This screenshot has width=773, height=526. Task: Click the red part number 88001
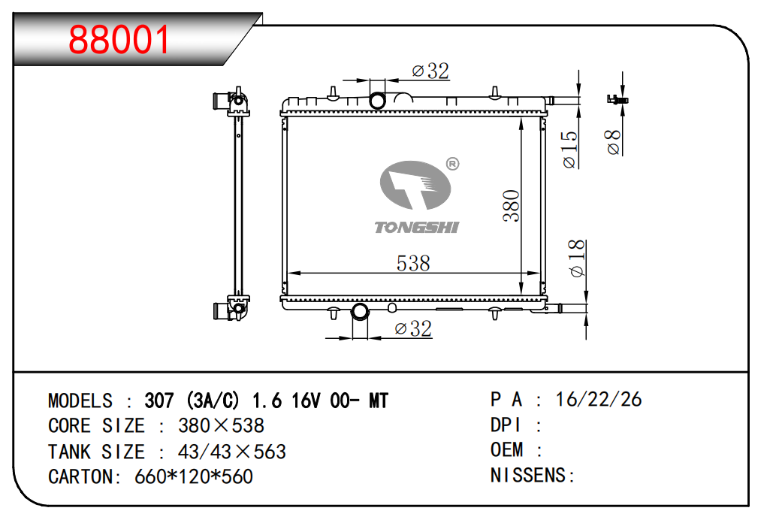pos(119,39)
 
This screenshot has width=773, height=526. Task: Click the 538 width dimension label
pos(413,263)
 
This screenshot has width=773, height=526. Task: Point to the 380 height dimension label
pos(512,206)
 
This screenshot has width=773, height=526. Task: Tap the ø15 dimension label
pos(569,149)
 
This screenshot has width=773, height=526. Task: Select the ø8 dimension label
pos(613,142)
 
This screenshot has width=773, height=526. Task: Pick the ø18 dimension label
pos(576,258)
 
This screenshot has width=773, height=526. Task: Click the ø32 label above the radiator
pos(430,71)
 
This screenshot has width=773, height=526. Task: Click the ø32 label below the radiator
pos(413,328)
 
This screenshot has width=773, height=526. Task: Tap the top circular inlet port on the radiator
pos(378,100)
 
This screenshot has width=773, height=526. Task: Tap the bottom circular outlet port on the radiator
pos(359,312)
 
